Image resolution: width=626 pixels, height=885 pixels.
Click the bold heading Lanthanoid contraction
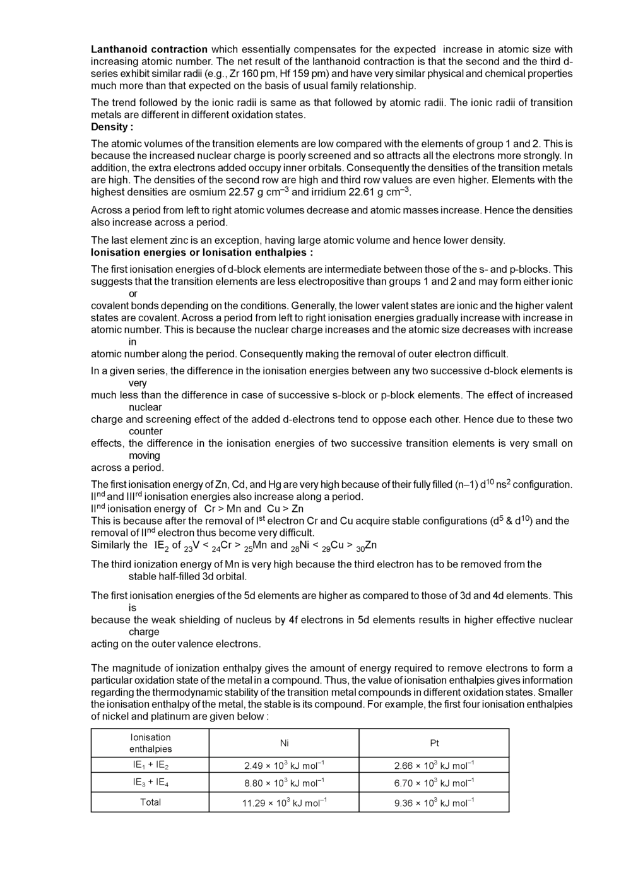coord(149,49)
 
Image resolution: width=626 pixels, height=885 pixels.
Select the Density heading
coord(112,127)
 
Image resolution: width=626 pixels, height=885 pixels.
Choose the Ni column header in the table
coord(284,743)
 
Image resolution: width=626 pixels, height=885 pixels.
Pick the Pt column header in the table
coord(434,743)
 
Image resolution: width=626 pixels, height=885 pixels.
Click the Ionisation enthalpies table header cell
coord(150,743)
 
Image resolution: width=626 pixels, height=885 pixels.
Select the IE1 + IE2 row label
coord(150,765)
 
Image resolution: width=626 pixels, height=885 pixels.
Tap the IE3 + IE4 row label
coord(150,783)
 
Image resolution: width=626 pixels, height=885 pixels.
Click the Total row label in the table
coord(150,802)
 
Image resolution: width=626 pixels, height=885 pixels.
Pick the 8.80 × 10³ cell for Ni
coord(284,783)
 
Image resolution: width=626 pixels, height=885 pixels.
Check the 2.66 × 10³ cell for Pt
coord(434,766)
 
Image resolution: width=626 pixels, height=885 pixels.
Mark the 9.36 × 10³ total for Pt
coord(434,803)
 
